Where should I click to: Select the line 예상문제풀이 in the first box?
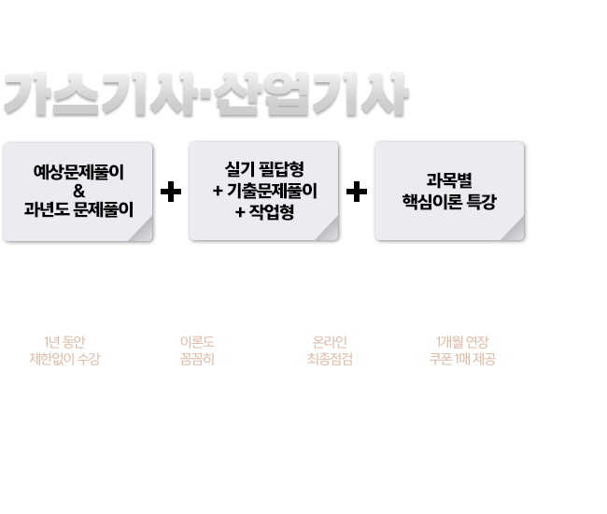[x=78, y=173]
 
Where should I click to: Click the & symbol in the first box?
[x=78, y=192]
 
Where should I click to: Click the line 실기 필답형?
[x=265, y=170]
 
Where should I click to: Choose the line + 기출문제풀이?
[x=265, y=191]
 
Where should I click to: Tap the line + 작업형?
[x=265, y=211]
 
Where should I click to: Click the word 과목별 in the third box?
[x=450, y=180]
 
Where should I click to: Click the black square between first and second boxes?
[x=171, y=192]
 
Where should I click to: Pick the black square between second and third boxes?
[x=357, y=192]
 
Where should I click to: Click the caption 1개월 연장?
[x=463, y=341]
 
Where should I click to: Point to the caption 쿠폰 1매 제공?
[x=463, y=358]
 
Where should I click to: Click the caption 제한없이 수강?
[x=64, y=358]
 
